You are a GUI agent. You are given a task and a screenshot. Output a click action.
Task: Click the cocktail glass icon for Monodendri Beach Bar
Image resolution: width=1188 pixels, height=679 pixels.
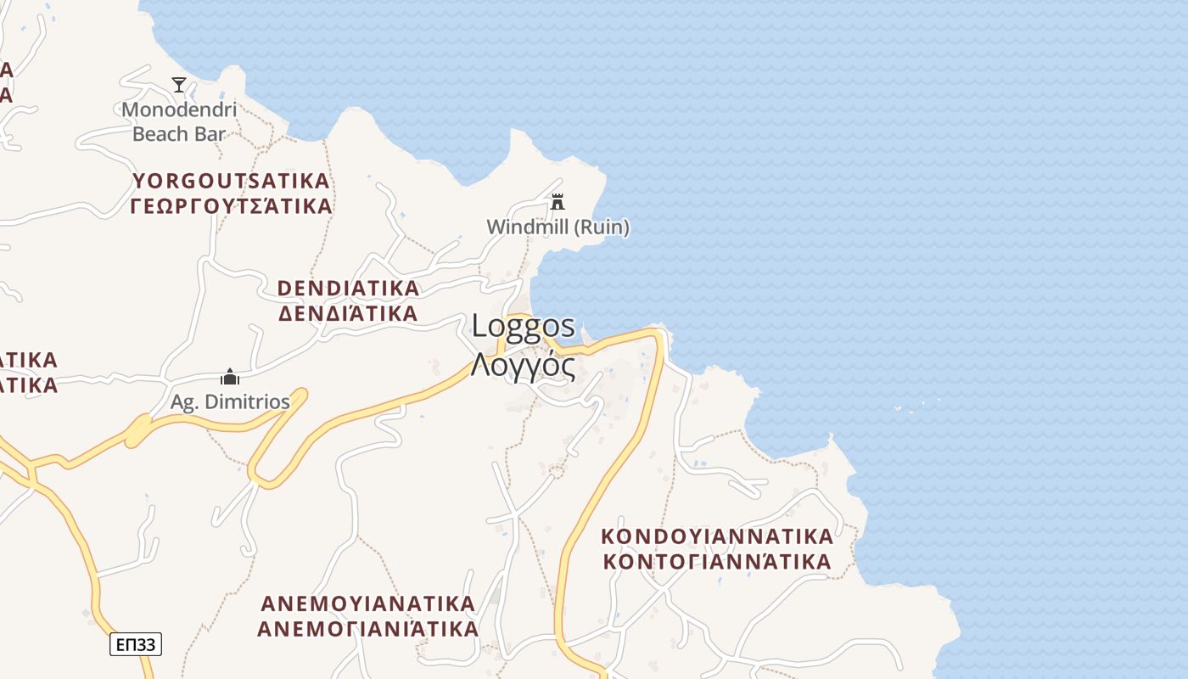tap(179, 84)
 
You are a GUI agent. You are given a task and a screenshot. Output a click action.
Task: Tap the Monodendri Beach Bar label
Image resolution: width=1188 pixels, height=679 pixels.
tap(179, 121)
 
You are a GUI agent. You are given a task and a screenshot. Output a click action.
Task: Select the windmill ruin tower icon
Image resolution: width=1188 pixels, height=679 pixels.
tap(558, 202)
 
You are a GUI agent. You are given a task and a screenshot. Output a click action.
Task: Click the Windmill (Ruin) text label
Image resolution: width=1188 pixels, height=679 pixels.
tap(558, 227)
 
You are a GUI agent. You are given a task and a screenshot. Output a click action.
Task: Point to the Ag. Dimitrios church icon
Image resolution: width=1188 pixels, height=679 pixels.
tap(229, 377)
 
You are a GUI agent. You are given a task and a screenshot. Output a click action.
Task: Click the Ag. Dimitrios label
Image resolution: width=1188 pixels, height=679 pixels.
tap(230, 401)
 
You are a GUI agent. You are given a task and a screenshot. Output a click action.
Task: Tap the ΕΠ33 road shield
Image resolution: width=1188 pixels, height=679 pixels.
tap(136, 644)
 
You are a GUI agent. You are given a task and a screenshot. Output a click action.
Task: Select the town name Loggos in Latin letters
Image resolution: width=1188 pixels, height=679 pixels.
tap(523, 326)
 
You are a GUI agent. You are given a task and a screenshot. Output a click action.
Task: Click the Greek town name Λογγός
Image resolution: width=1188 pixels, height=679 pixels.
tap(523, 367)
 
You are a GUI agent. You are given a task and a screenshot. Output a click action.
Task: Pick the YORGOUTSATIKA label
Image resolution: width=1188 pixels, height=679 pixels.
tap(231, 181)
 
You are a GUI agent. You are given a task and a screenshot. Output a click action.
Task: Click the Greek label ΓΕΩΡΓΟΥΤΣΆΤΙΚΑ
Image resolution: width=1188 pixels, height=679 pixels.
tap(231, 206)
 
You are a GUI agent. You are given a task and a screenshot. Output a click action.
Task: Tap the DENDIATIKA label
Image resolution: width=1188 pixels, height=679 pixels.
tap(348, 289)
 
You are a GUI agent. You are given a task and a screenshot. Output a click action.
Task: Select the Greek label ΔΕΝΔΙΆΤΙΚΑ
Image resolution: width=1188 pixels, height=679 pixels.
tap(348, 314)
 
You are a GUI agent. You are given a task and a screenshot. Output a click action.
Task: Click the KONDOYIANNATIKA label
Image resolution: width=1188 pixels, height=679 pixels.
tap(717, 536)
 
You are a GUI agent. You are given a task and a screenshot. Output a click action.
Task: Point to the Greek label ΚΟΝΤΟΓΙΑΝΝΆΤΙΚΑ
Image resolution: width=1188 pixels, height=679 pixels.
tap(717, 562)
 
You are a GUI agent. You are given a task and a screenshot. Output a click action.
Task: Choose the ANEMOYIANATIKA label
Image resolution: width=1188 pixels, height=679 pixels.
tap(367, 604)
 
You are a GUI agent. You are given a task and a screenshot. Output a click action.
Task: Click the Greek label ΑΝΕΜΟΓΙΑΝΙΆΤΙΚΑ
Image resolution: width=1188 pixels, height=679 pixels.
tap(367, 630)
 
